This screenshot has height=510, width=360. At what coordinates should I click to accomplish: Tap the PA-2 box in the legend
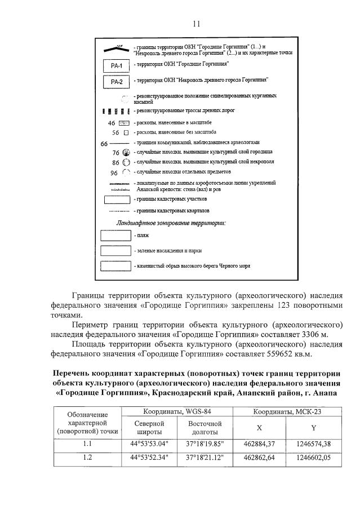(x=115, y=82)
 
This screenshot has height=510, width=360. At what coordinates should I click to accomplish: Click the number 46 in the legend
(x=111, y=123)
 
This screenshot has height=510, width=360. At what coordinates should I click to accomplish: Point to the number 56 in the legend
(x=115, y=133)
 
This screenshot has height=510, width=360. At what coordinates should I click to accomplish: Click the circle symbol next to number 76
(x=126, y=153)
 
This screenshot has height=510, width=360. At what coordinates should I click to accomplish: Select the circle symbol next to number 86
(x=126, y=162)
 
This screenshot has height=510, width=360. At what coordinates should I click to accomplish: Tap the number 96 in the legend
(x=114, y=173)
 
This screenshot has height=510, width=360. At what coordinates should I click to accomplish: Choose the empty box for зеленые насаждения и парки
(x=115, y=250)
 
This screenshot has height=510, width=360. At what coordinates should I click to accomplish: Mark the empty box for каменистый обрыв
(x=115, y=265)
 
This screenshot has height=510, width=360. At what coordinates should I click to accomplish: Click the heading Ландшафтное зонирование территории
(x=171, y=223)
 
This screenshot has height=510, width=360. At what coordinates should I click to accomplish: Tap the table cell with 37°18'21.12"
(x=205, y=457)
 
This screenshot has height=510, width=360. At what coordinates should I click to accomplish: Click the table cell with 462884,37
(x=259, y=443)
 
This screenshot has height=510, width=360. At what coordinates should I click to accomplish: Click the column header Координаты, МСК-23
(x=287, y=413)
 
